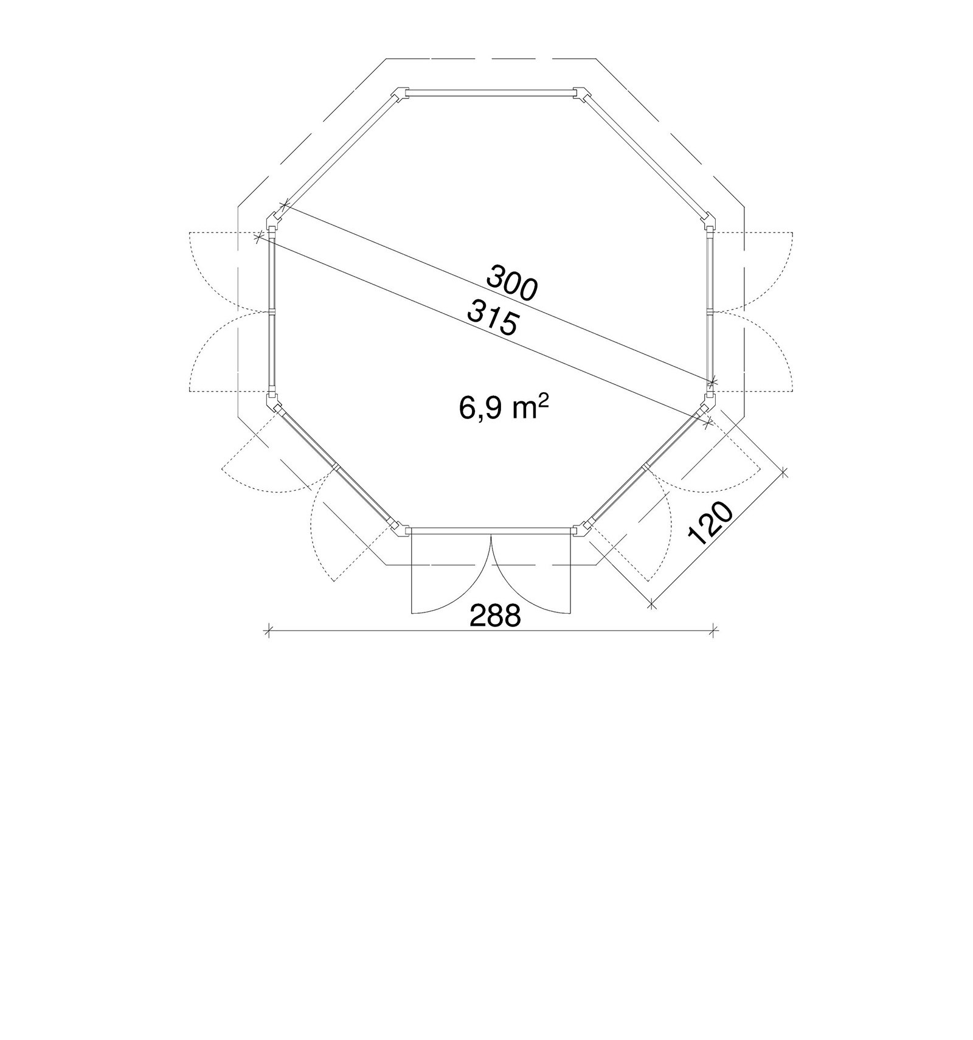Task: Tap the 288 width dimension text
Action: coord(496,616)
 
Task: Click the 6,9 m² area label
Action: coord(504,408)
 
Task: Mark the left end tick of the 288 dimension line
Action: coord(268,631)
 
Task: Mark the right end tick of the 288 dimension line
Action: coord(715,631)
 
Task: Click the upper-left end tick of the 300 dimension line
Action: coord(283,207)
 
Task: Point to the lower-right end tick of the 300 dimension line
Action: coord(713,382)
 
